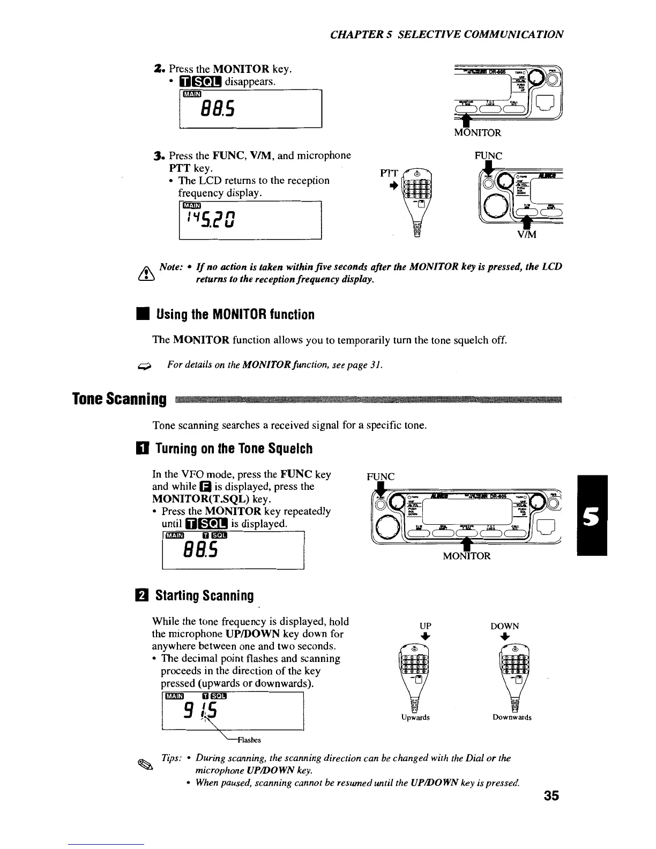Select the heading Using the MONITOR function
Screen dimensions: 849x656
(235, 314)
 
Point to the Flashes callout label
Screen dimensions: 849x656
(249, 740)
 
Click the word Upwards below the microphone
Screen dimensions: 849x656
(415, 717)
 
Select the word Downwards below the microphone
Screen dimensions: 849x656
(512, 717)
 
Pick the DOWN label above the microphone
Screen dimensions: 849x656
(505, 626)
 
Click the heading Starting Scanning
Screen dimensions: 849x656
(204, 595)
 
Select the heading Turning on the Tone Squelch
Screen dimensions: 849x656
(234, 448)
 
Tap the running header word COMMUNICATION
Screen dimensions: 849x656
(516, 35)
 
